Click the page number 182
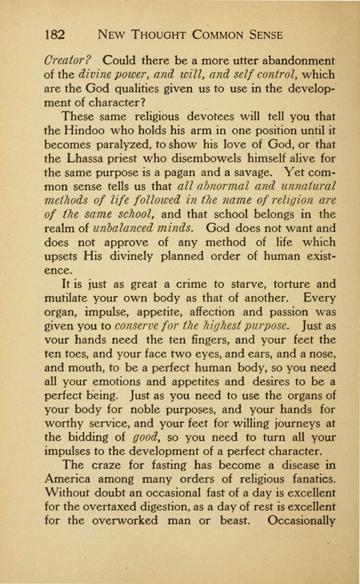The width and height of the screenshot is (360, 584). pos(58,35)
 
